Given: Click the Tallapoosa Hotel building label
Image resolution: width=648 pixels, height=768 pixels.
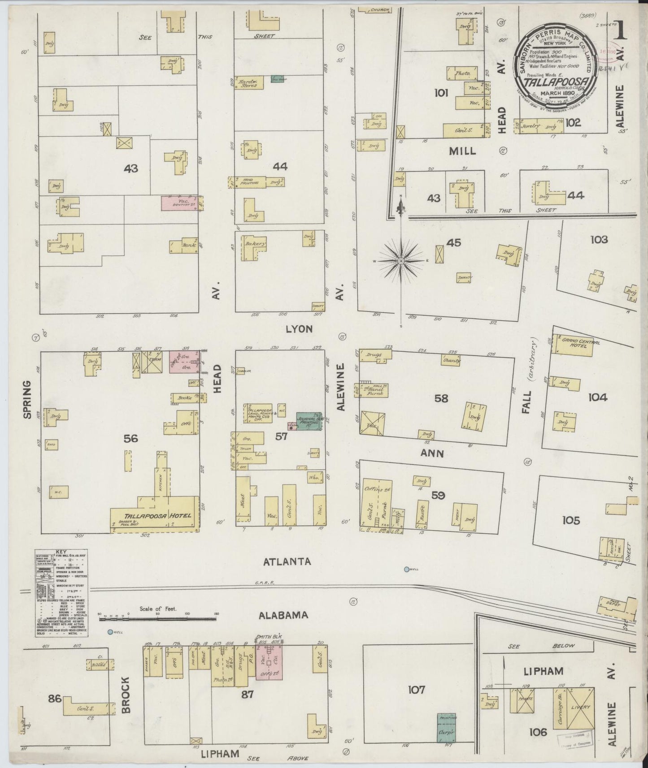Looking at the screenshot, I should [155, 515].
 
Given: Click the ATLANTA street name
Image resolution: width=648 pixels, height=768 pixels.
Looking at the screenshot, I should [287, 561].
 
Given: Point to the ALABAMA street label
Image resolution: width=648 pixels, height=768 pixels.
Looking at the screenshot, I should [283, 615].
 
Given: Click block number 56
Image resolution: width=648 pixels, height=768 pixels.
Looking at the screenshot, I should [130, 439].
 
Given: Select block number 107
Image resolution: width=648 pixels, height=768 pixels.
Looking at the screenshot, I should [416, 689].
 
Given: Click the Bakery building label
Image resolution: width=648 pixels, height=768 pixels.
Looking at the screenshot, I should [254, 244].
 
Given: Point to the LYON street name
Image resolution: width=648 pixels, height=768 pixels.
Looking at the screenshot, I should [299, 329].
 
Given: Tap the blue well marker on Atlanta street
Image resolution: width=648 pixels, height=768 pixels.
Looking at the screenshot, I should [406, 570].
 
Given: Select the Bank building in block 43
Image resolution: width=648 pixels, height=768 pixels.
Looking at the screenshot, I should [185, 246].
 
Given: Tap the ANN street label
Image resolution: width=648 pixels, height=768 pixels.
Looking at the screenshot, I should [432, 453].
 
